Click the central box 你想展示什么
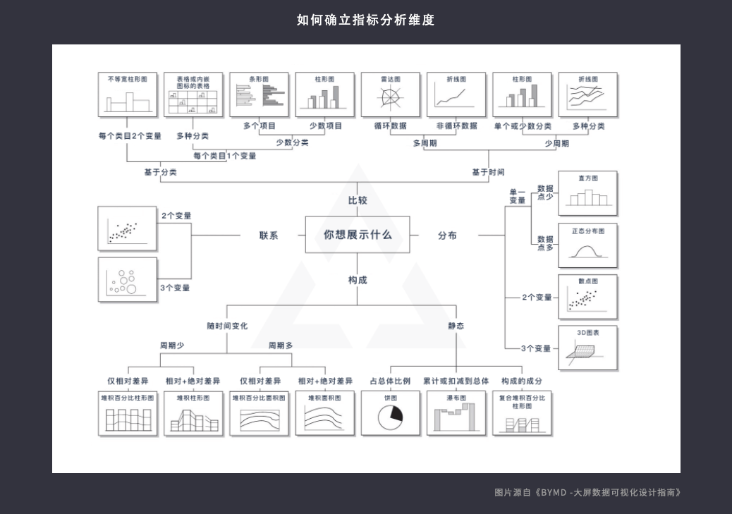point(357,235)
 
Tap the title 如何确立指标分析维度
point(366,20)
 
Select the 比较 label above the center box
point(358,200)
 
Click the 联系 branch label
point(269,235)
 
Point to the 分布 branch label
point(447,235)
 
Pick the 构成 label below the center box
point(358,280)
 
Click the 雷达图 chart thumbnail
point(390,94)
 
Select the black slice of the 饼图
point(394,414)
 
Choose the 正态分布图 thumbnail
point(587,245)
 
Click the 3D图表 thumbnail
point(587,348)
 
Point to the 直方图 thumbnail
point(587,193)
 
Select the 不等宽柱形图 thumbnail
point(128,94)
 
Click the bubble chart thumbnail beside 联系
point(128,279)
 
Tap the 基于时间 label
point(488,172)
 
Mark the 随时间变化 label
point(227,326)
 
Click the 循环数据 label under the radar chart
point(390,126)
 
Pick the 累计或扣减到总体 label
point(456,381)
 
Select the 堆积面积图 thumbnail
point(324,413)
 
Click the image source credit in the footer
point(588,493)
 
